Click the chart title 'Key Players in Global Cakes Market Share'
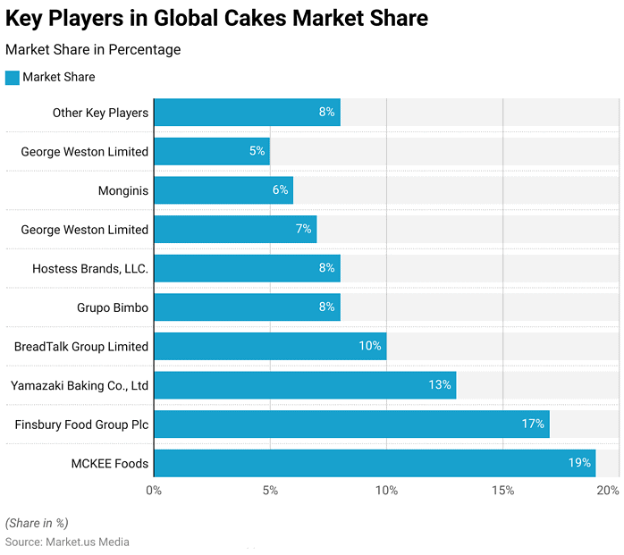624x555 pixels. pos(216,18)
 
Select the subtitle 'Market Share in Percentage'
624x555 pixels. pos(93,50)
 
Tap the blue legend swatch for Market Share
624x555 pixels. pos(13,78)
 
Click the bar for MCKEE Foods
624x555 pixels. pos(375,463)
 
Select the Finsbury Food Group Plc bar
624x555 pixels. pos(351,424)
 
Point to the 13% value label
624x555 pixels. pos(440,385)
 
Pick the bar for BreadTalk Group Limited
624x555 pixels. pos(270,346)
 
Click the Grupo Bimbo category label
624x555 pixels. pos(113,307)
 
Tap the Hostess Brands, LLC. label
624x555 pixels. pos(90,268)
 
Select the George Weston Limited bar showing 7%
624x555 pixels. pos(235,230)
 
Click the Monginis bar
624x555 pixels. pos(223,190)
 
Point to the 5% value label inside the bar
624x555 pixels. pos(257,151)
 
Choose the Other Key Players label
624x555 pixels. pos(100,113)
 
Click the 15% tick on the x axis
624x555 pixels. pos(502,491)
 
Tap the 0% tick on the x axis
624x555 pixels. pos(154,491)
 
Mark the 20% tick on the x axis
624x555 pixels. pos(608,491)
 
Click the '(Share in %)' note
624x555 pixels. pos(37,523)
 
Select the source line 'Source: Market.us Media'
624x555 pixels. pos(67,542)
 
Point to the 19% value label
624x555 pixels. pos(579,463)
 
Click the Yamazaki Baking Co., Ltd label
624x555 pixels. pos(80,385)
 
